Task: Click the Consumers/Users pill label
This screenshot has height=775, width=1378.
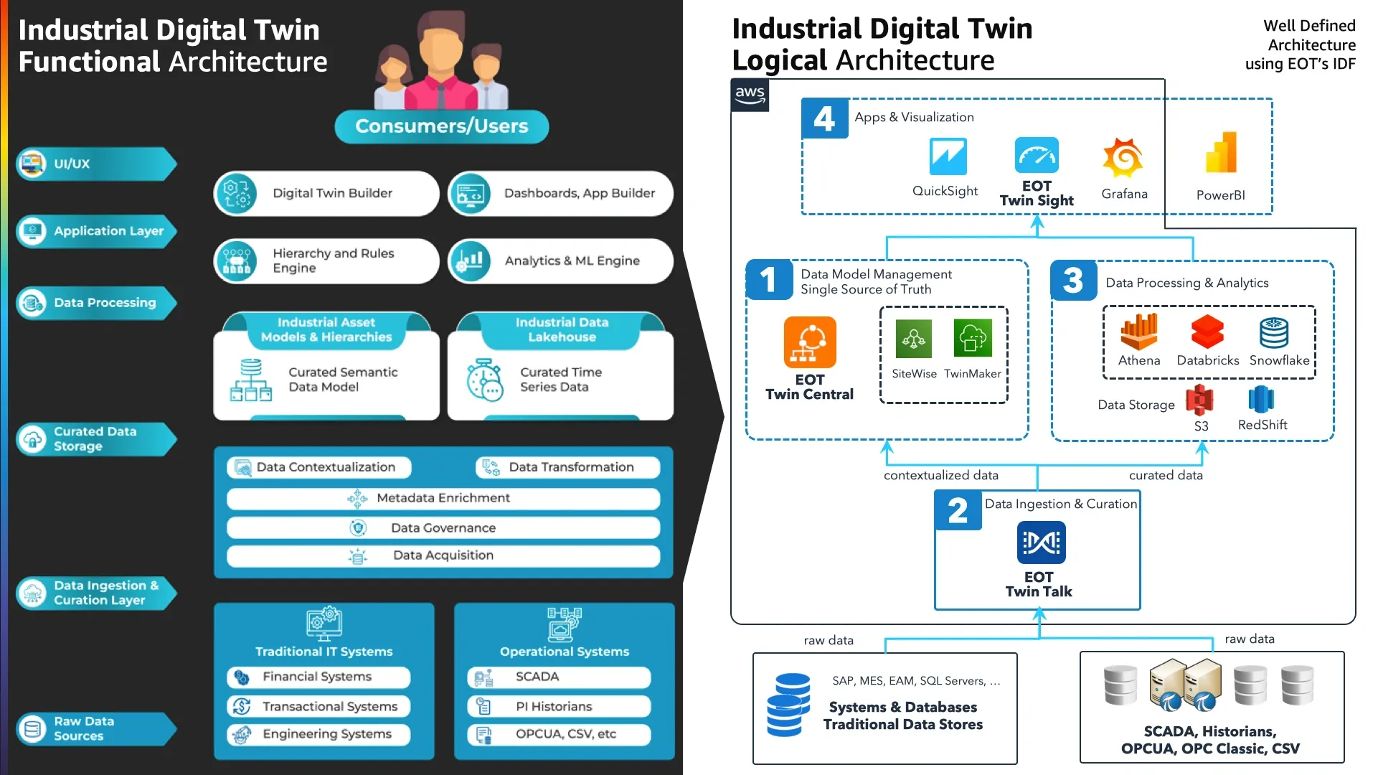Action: [441, 126]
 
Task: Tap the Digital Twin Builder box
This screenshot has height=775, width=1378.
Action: [326, 193]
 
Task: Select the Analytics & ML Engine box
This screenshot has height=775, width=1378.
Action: [560, 260]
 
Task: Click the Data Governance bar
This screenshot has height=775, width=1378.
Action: [443, 528]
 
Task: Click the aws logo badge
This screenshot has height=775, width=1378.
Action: [750, 95]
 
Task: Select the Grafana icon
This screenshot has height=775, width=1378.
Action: [1123, 157]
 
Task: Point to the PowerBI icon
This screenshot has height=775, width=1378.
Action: [1221, 153]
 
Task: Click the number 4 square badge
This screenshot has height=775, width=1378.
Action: [824, 118]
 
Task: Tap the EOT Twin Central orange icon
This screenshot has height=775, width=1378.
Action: [810, 342]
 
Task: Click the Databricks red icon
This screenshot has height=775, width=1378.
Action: [1207, 332]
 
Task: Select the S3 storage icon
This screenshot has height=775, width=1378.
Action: [1199, 400]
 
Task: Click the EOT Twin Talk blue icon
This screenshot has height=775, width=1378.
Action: [1041, 542]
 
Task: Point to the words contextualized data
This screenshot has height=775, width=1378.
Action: [940, 475]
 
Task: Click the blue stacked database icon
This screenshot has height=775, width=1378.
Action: [788, 705]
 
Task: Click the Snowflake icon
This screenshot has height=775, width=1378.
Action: [1273, 333]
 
